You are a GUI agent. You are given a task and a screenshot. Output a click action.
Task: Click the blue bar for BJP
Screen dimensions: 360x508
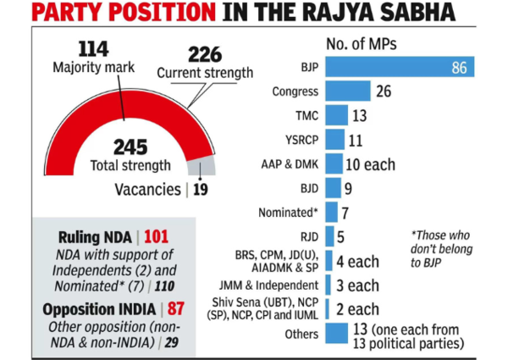pyautogui.click(x=398, y=67)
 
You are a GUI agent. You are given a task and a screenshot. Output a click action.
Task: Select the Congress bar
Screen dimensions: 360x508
pyautogui.click(x=347, y=91)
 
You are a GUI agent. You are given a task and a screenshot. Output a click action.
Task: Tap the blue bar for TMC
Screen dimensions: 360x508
pyautogui.click(x=337, y=115)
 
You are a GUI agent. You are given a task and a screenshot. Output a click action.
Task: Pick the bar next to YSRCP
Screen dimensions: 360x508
pyautogui.click(x=335, y=139)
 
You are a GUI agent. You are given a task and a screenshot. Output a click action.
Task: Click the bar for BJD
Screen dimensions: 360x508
pyautogui.click(x=334, y=187)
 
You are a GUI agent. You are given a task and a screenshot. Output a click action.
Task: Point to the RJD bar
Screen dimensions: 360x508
pyautogui.click(x=330, y=236)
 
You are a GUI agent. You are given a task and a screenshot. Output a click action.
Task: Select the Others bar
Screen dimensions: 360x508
pyautogui.click(x=336, y=333)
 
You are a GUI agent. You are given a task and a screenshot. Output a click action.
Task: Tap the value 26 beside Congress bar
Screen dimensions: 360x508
pyautogui.click(x=383, y=91)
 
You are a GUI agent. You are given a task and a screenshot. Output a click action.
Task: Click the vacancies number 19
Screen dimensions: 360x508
pyautogui.click(x=200, y=190)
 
